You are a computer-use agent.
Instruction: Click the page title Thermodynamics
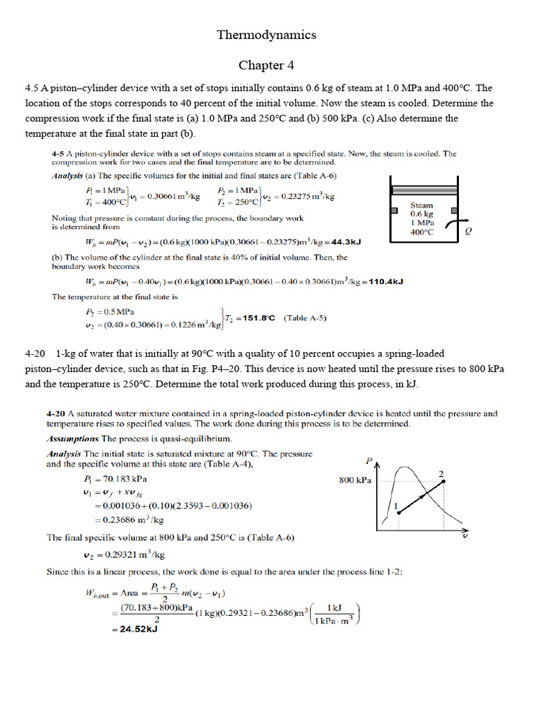pyautogui.click(x=266, y=34)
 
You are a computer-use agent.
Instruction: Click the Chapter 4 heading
pyautogui.click(x=266, y=65)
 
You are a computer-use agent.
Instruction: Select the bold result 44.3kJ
pyautogui.click(x=346, y=242)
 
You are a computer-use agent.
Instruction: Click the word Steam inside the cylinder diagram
pyautogui.click(x=422, y=205)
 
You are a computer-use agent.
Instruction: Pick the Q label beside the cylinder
pyautogui.click(x=468, y=233)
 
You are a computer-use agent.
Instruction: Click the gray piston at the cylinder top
pyautogui.click(x=423, y=189)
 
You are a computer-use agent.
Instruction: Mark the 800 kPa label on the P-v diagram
pyautogui.click(x=355, y=480)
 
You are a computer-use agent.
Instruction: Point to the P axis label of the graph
pyautogui.click(x=369, y=460)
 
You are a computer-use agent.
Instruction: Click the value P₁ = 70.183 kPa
pyautogui.click(x=115, y=479)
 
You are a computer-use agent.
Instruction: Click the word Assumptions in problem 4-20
pyautogui.click(x=72, y=439)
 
